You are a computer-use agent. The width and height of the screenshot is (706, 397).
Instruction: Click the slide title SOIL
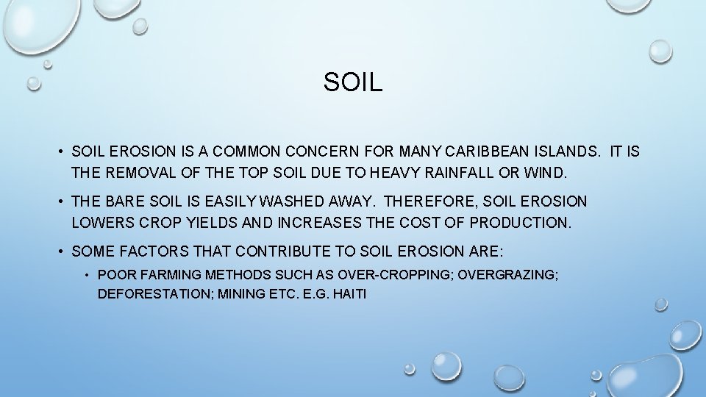353,82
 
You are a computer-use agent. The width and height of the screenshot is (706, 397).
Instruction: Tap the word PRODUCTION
520,222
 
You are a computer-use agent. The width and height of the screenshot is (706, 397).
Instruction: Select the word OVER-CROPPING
395,275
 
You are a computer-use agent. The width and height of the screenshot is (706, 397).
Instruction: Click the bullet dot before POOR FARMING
86,275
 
